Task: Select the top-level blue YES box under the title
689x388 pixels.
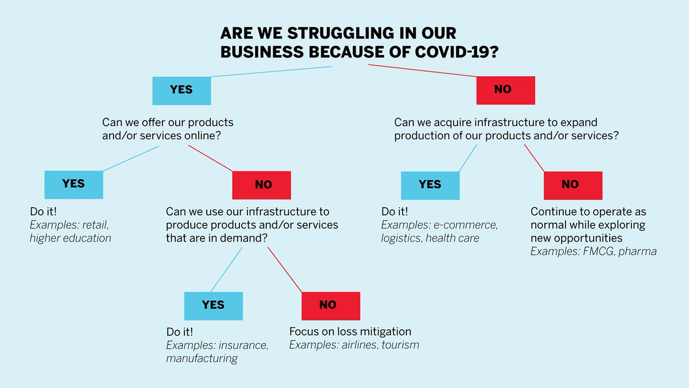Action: [x=181, y=90]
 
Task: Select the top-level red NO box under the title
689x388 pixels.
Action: [x=505, y=90]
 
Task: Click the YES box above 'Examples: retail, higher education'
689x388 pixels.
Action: [x=73, y=184]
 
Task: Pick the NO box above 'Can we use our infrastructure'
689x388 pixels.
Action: [x=261, y=185]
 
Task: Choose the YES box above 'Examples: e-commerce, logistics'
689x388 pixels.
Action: [x=429, y=185]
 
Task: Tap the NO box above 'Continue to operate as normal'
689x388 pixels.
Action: [x=572, y=185]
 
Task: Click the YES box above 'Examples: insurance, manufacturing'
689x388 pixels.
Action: [x=213, y=305]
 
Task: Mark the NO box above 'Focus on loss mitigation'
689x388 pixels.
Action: [x=330, y=305]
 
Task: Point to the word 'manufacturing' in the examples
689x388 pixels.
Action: [x=202, y=359]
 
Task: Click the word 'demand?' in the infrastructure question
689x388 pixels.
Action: [x=245, y=238]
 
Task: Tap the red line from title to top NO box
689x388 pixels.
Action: [x=422, y=71]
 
